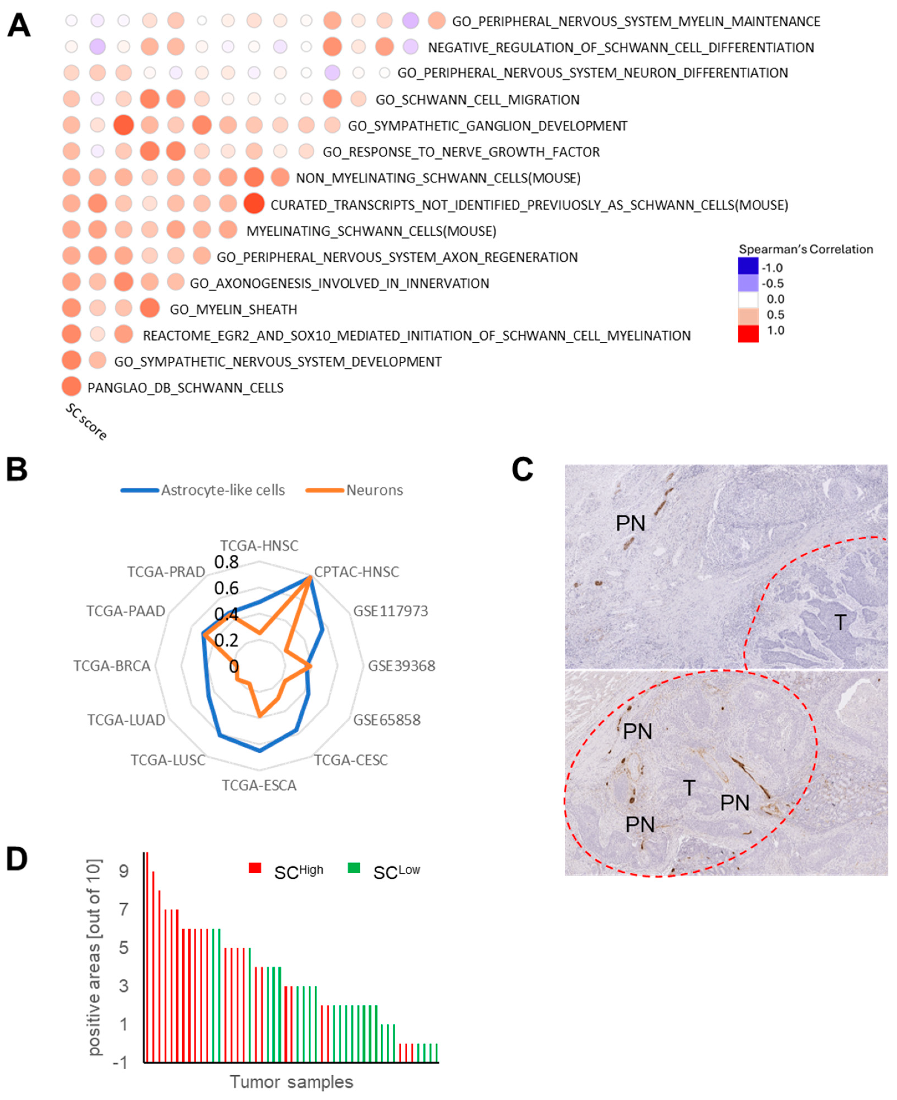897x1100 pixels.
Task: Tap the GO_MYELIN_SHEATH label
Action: tap(233, 310)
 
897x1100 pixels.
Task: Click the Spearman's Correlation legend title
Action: tap(805, 249)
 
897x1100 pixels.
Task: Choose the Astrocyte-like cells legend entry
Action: tap(222, 490)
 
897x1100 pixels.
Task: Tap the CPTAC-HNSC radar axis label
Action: tap(357, 571)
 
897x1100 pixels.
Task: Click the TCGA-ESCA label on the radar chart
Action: tap(259, 785)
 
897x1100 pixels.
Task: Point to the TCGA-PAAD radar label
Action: tap(126, 611)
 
